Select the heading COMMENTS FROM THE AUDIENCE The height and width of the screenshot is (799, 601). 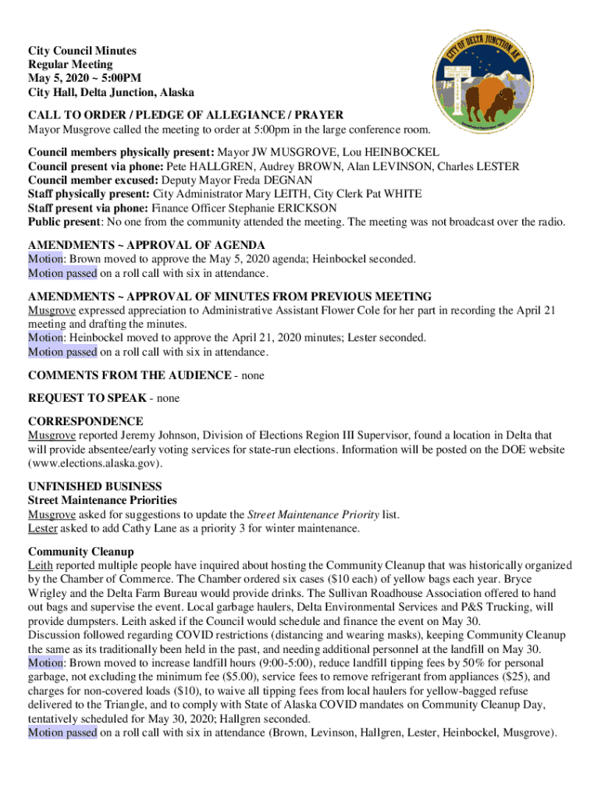click(130, 375)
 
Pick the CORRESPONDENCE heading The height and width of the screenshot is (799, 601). click(85, 421)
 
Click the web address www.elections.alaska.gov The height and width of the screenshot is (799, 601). click(96, 463)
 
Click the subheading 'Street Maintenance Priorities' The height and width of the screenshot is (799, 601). click(102, 500)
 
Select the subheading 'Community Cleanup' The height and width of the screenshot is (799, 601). click(80, 552)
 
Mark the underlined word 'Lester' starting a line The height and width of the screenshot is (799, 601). click(43, 528)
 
